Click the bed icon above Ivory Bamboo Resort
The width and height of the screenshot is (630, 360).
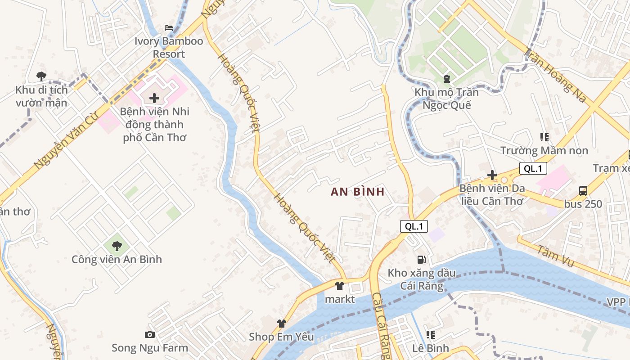point(169,28)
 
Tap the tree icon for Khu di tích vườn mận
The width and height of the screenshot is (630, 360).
point(41,76)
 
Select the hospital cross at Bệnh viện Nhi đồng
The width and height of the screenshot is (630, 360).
point(154,98)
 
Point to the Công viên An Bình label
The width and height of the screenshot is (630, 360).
point(117,259)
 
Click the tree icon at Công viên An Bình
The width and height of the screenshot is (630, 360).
point(117,246)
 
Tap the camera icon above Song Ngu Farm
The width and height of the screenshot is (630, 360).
point(150,334)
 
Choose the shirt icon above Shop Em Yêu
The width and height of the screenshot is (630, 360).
point(282,323)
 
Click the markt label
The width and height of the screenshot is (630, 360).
point(340,299)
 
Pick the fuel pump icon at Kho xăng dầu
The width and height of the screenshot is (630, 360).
point(421,259)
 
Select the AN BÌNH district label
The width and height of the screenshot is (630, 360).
point(358,192)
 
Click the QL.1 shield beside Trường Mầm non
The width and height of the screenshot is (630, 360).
point(533,168)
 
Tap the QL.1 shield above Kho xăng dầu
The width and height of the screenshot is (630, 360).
point(414,226)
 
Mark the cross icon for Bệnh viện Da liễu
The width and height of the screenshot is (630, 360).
point(492,175)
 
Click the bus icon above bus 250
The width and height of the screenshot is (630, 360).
point(583,190)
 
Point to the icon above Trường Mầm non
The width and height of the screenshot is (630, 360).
point(544,137)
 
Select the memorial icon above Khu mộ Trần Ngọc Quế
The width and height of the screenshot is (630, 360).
point(446,79)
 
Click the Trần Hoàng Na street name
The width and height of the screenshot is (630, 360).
point(556,76)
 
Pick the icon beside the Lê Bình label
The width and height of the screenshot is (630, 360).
point(431,335)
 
